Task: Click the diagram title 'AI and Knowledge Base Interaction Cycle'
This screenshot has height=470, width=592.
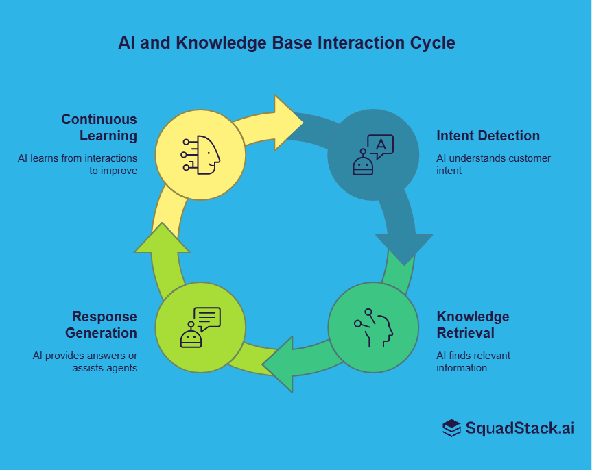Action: pyautogui.click(x=286, y=43)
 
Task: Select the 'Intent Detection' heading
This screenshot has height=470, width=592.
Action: pyautogui.click(x=488, y=136)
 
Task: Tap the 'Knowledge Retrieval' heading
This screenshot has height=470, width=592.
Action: pyautogui.click(x=473, y=325)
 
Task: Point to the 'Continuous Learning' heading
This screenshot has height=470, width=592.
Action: pyautogui.click(x=99, y=127)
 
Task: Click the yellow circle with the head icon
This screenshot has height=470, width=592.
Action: pyautogui.click(x=200, y=155)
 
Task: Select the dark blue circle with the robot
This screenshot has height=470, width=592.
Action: pyautogui.click(x=372, y=155)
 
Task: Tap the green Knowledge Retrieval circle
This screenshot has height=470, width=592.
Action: pyautogui.click(x=372, y=327)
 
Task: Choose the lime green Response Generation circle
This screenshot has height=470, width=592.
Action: pyautogui.click(x=200, y=327)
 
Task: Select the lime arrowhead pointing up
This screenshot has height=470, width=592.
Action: pyautogui.click(x=162, y=239)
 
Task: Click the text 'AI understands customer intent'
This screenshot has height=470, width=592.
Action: pyautogui.click(x=493, y=164)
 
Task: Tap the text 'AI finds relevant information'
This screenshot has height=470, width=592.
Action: pyautogui.click(x=473, y=362)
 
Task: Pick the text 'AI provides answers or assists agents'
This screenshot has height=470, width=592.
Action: pyautogui.click(x=85, y=362)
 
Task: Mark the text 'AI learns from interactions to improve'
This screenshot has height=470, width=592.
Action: pyautogui.click(x=78, y=164)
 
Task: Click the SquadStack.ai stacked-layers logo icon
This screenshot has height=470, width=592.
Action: pyautogui.click(x=451, y=428)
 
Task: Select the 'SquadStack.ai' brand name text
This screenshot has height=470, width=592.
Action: pyautogui.click(x=520, y=428)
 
